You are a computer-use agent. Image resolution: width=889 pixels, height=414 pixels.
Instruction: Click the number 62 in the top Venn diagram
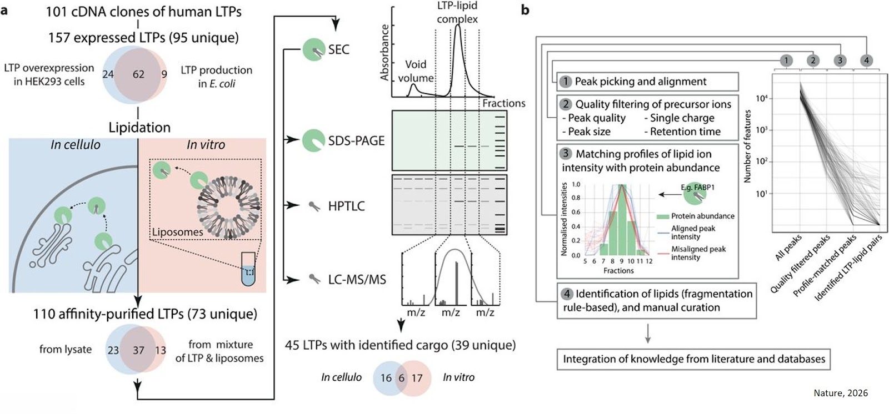[138, 74]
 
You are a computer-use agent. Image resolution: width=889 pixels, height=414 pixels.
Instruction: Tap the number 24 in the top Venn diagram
[108, 74]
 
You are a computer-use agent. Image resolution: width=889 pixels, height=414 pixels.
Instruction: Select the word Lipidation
[139, 127]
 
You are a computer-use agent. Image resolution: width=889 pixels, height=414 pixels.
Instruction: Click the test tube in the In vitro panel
[248, 269]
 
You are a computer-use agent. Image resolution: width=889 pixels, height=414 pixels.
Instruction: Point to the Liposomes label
[177, 232]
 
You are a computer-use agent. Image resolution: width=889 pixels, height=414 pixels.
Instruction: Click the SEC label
[338, 49]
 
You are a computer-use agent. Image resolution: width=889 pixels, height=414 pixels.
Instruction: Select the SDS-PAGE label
[356, 140]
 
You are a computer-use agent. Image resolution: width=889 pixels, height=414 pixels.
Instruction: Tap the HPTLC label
[346, 206]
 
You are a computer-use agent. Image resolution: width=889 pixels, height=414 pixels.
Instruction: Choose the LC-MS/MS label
[356, 279]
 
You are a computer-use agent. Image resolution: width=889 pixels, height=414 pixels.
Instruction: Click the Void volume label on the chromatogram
[416, 71]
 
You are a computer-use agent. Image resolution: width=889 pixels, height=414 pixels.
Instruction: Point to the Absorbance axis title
[384, 53]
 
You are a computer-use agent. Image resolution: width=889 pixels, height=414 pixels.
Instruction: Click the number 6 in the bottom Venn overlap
[401, 377]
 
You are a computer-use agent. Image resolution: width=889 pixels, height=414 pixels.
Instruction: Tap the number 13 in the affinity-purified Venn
[161, 350]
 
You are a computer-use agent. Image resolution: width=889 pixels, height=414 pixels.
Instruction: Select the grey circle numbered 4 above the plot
[866, 60]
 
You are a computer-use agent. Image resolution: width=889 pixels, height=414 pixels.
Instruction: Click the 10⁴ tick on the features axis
[762, 98]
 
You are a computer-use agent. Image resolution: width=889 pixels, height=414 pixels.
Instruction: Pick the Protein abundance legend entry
[702, 216]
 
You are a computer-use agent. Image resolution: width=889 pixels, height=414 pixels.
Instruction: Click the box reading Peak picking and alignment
[647, 82]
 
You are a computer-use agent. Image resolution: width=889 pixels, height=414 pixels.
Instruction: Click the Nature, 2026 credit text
[840, 393]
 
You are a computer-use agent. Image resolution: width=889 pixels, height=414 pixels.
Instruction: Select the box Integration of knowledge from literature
[693, 359]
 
